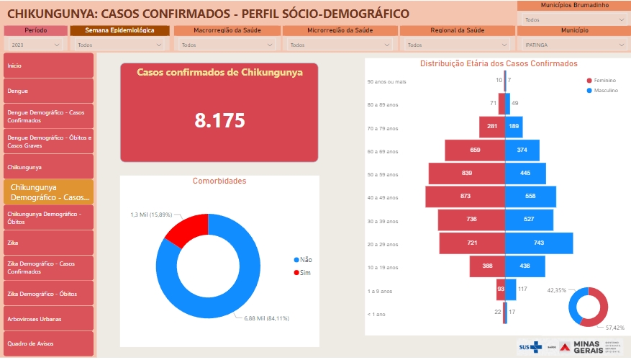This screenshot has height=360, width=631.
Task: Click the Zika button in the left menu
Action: coord(48,243)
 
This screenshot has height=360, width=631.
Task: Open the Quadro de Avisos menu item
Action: coord(48,343)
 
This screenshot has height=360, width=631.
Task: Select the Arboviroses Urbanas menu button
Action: coord(48,318)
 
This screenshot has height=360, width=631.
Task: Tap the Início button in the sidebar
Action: coord(48,65)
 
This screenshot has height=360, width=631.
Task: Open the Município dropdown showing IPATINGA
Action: coord(573,45)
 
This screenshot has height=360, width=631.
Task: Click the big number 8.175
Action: coord(219,120)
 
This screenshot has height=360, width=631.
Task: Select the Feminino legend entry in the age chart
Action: coord(603,81)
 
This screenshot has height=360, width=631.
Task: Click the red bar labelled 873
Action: coord(465,197)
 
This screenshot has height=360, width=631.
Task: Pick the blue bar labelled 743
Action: coord(539,243)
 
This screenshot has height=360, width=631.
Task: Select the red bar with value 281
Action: coord(492,127)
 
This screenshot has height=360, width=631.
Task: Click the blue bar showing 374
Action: coord(522,150)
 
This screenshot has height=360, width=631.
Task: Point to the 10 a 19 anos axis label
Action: coord(382,268)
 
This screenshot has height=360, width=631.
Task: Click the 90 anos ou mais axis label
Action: coord(386,81)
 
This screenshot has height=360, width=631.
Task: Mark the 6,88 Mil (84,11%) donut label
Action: coord(269,318)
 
